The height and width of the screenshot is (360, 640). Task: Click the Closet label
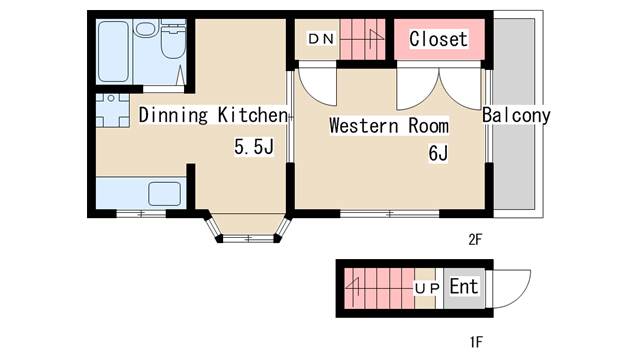[x=438, y=39]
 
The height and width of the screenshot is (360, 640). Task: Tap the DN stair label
[x=321, y=39]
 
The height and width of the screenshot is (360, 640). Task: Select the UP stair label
[x=427, y=289]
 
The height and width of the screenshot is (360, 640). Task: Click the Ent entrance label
[x=464, y=286]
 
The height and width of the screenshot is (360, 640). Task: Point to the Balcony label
[x=516, y=115]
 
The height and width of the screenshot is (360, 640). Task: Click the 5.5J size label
[x=253, y=147]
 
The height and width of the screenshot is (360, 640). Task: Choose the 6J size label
[x=438, y=153]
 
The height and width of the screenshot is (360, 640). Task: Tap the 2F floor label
[x=475, y=240]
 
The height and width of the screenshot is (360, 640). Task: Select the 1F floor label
[x=476, y=341]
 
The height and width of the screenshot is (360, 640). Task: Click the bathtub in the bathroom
[x=113, y=51]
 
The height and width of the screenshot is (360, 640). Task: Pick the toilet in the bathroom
[x=173, y=40]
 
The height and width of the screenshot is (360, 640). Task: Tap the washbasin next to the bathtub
[x=144, y=29]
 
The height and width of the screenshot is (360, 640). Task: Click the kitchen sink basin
[x=164, y=194]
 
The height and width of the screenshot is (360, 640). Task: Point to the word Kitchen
[x=252, y=115]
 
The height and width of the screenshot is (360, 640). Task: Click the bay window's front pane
[x=249, y=238]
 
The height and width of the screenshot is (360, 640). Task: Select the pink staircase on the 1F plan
[x=379, y=289]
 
